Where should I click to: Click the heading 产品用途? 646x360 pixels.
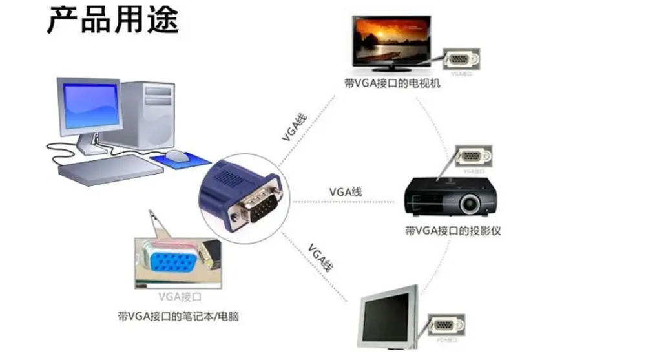pyautogui.click(x=112, y=21)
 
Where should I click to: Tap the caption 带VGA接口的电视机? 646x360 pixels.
pyautogui.click(x=392, y=83)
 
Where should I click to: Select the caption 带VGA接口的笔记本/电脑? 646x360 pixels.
pyautogui.click(x=174, y=317)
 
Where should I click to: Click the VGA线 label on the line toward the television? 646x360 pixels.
pyautogui.click(x=294, y=127)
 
